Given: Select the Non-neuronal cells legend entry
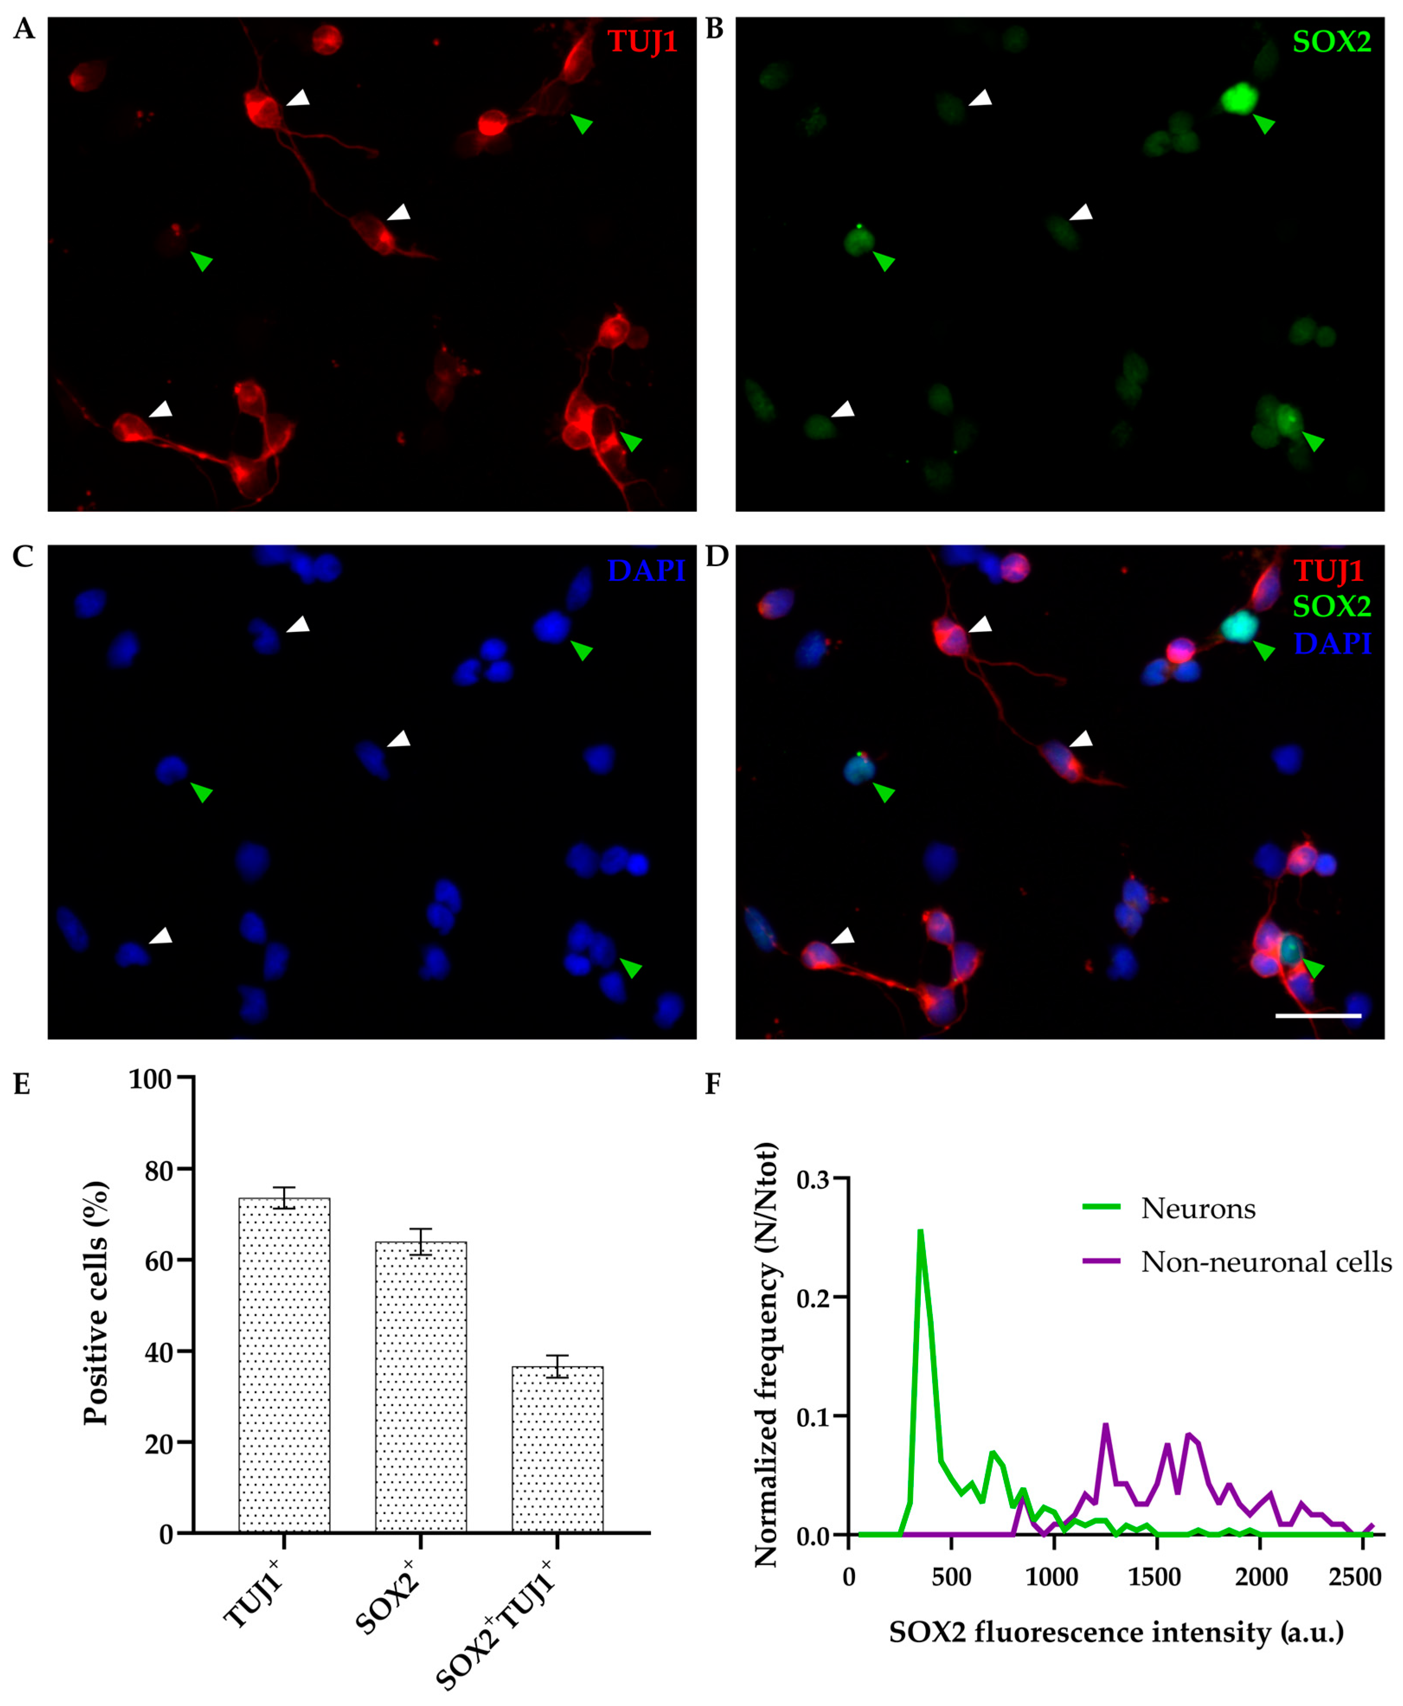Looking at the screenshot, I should [x=1265, y=1262].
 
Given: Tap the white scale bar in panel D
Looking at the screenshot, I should [x=1317, y=1015].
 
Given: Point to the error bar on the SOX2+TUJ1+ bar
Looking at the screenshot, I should [x=557, y=1366].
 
